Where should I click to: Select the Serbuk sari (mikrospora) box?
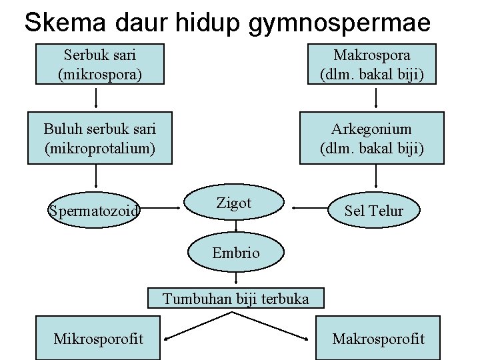coord(100,64)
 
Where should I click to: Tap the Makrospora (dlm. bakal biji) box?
coord(371,64)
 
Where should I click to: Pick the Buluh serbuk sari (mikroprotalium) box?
coord(100,138)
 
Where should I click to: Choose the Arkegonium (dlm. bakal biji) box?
coord(371,138)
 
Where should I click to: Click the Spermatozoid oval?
coord(94,211)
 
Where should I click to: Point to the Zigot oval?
coord(234,205)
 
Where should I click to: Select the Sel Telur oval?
coord(374,211)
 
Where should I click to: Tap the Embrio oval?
coord(235,253)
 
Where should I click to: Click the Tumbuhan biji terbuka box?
coord(236,299)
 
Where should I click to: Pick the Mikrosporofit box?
coord(98,339)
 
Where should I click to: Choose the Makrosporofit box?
coord(378,339)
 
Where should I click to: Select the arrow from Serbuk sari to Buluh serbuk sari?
coord(97,97)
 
